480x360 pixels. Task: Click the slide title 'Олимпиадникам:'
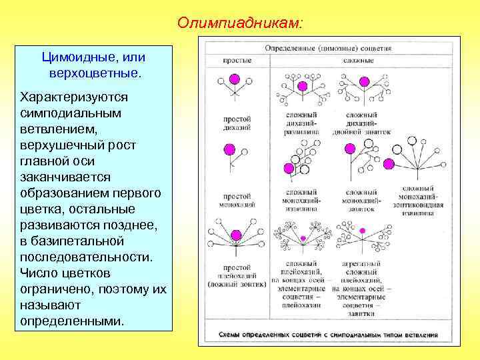[239, 23]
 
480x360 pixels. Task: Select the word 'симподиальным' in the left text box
[71, 113]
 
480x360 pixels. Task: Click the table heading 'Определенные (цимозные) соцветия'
[329, 49]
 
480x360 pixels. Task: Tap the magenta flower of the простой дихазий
[234, 79]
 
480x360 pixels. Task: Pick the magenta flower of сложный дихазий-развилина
[303, 87]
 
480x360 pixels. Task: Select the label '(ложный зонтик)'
[237, 285]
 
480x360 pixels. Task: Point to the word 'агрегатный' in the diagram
[362, 263]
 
